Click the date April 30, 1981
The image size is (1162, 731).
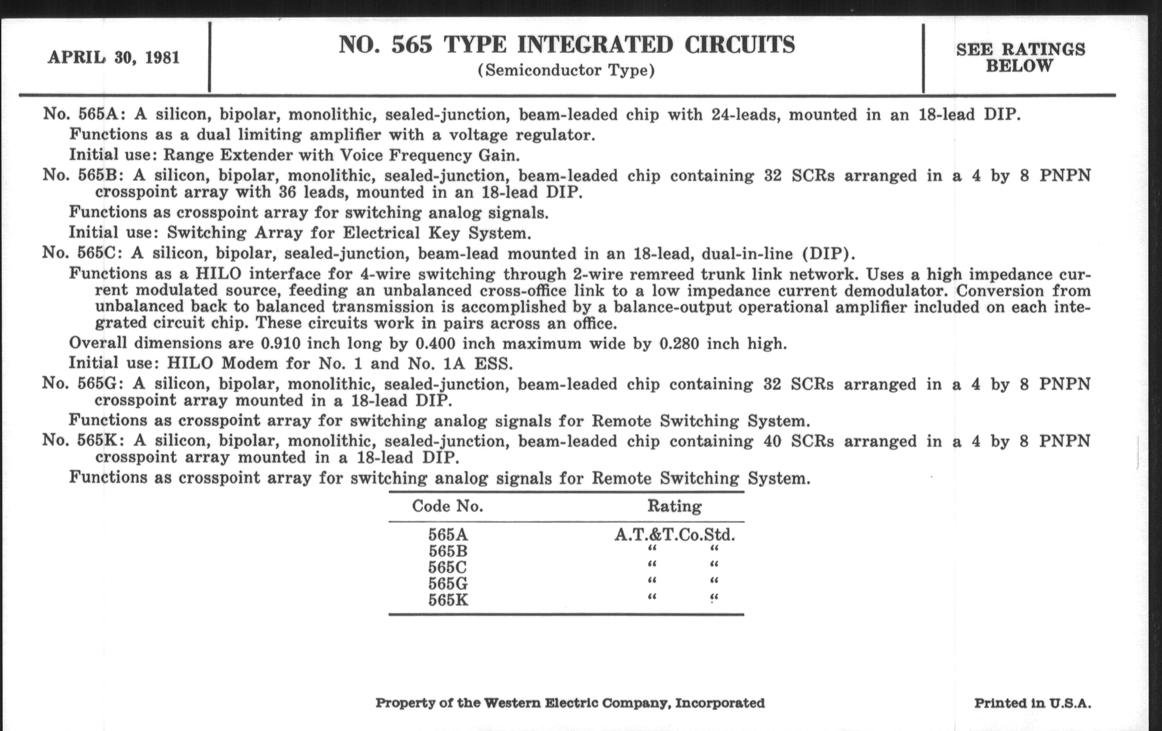pyautogui.click(x=113, y=58)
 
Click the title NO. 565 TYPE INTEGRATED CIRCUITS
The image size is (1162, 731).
pyautogui.click(x=567, y=45)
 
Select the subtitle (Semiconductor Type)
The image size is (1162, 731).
pyautogui.click(x=567, y=70)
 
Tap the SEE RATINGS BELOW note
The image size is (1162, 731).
pyautogui.click(x=1021, y=57)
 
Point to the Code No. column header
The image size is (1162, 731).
pyautogui.click(x=447, y=506)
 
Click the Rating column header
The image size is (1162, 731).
pyautogui.click(x=674, y=506)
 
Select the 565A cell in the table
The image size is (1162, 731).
pyautogui.click(x=448, y=535)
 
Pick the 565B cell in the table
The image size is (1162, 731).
pyautogui.click(x=448, y=551)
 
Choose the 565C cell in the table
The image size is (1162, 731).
pyautogui.click(x=448, y=568)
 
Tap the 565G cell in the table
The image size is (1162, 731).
pyautogui.click(x=448, y=584)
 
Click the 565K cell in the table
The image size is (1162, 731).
pyautogui.click(x=448, y=600)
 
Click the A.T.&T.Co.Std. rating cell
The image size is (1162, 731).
pyautogui.click(x=675, y=535)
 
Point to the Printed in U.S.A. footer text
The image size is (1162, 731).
pyautogui.click(x=1033, y=703)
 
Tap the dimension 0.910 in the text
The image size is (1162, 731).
pyautogui.click(x=280, y=344)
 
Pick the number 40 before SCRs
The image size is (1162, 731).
pyautogui.click(x=772, y=441)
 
